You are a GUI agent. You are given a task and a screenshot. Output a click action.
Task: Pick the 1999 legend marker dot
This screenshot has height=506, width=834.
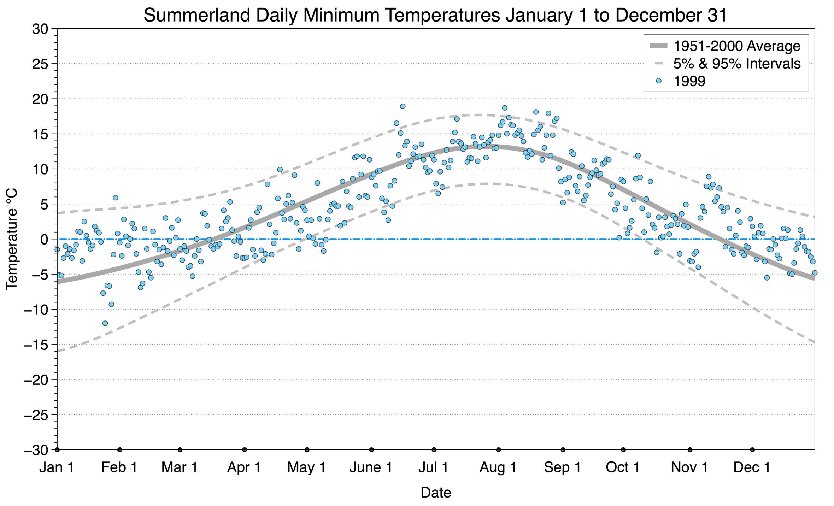tap(658, 81)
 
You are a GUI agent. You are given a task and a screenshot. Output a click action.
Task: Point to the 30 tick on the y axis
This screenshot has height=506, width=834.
tap(40, 29)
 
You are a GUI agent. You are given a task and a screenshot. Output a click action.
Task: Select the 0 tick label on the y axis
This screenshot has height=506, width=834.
tap(44, 240)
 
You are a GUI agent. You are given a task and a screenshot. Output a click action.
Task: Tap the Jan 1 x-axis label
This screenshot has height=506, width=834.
tap(57, 467)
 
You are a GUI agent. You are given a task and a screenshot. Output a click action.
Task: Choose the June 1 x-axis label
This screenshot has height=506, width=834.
tap(371, 467)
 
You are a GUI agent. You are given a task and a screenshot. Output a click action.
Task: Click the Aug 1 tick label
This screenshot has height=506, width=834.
tap(498, 467)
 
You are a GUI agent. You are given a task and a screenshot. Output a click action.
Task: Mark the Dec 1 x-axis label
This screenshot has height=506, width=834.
tap(752, 467)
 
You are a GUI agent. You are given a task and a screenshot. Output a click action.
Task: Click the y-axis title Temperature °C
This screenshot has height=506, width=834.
tap(12, 239)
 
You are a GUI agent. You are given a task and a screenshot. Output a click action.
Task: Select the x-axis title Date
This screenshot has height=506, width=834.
tap(436, 493)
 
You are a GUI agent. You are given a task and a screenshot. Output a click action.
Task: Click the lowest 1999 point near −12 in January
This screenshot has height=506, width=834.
tap(105, 323)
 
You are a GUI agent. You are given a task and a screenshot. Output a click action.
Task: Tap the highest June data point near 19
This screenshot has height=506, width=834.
tap(403, 106)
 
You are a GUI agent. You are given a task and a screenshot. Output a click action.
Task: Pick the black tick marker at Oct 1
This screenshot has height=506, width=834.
tap(623, 450)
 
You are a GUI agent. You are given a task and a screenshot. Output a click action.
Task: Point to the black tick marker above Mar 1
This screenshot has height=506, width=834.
tap(180, 450)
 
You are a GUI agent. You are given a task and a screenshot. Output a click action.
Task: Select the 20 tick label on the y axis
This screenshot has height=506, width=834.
tap(40, 99)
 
